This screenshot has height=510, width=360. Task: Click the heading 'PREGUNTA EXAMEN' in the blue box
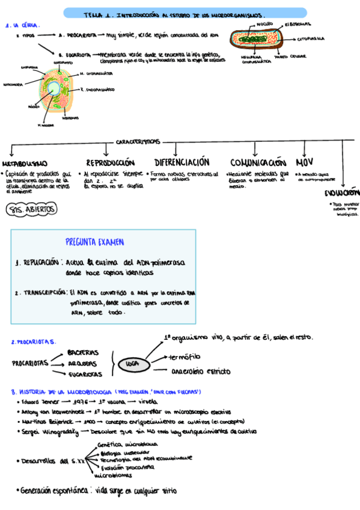click(x=95, y=242)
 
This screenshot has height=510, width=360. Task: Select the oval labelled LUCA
click(x=130, y=364)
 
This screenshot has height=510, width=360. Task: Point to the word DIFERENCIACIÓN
click(x=182, y=163)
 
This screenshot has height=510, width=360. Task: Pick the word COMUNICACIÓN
click(x=258, y=163)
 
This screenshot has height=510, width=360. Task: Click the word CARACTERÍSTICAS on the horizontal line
click(x=138, y=142)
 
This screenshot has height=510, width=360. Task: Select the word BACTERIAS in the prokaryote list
click(x=84, y=352)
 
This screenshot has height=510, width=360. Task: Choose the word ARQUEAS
click(x=82, y=363)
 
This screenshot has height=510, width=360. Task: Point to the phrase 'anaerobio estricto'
click(x=201, y=371)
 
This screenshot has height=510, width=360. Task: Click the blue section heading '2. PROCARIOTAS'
click(x=34, y=342)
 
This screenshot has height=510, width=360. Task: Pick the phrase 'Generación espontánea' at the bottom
click(x=54, y=490)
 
